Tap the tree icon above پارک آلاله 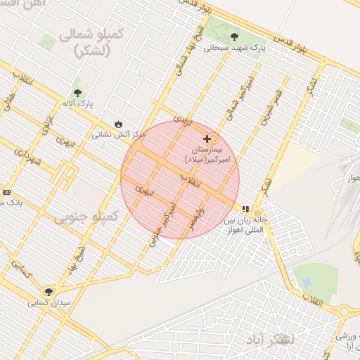tap(77, 93)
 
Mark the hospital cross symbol tap(206, 139)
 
